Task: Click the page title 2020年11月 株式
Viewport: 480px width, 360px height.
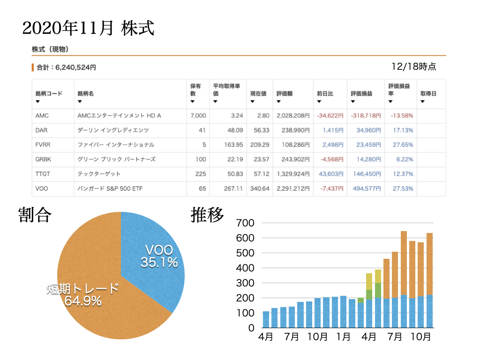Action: pyautogui.click(x=88, y=28)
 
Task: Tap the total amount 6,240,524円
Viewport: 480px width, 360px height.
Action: pyautogui.click(x=75, y=67)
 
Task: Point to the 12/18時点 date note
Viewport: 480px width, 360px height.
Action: pyautogui.click(x=414, y=67)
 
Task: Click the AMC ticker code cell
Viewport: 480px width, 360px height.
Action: pyautogui.click(x=42, y=116)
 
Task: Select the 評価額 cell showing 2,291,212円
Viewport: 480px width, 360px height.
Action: pyautogui.click(x=293, y=188)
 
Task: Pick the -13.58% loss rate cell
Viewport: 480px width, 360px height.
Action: pyautogui.click(x=402, y=116)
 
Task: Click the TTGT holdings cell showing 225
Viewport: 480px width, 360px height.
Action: pyautogui.click(x=201, y=174)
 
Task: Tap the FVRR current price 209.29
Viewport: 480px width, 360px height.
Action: pyautogui.click(x=260, y=145)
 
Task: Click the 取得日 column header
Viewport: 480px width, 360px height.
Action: pyautogui.click(x=428, y=94)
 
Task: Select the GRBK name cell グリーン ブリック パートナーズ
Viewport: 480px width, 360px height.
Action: pyautogui.click(x=116, y=159)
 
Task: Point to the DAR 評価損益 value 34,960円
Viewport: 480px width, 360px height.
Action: pyautogui.click(x=368, y=130)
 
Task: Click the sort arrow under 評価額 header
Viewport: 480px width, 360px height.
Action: pyautogui.click(x=278, y=102)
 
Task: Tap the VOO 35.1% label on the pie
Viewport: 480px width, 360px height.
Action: pyautogui.click(x=159, y=256)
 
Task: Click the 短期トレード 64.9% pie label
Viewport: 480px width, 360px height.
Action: pyautogui.click(x=82, y=295)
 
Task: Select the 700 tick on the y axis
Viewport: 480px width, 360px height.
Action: pyautogui.click(x=245, y=223)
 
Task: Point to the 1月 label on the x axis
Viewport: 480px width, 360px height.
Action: pyautogui.click(x=343, y=337)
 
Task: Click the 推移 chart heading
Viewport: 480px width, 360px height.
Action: pyautogui.click(x=207, y=215)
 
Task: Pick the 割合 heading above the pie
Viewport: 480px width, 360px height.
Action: pyautogui.click(x=35, y=215)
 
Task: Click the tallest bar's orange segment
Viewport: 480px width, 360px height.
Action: pyautogui.click(x=404, y=263)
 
